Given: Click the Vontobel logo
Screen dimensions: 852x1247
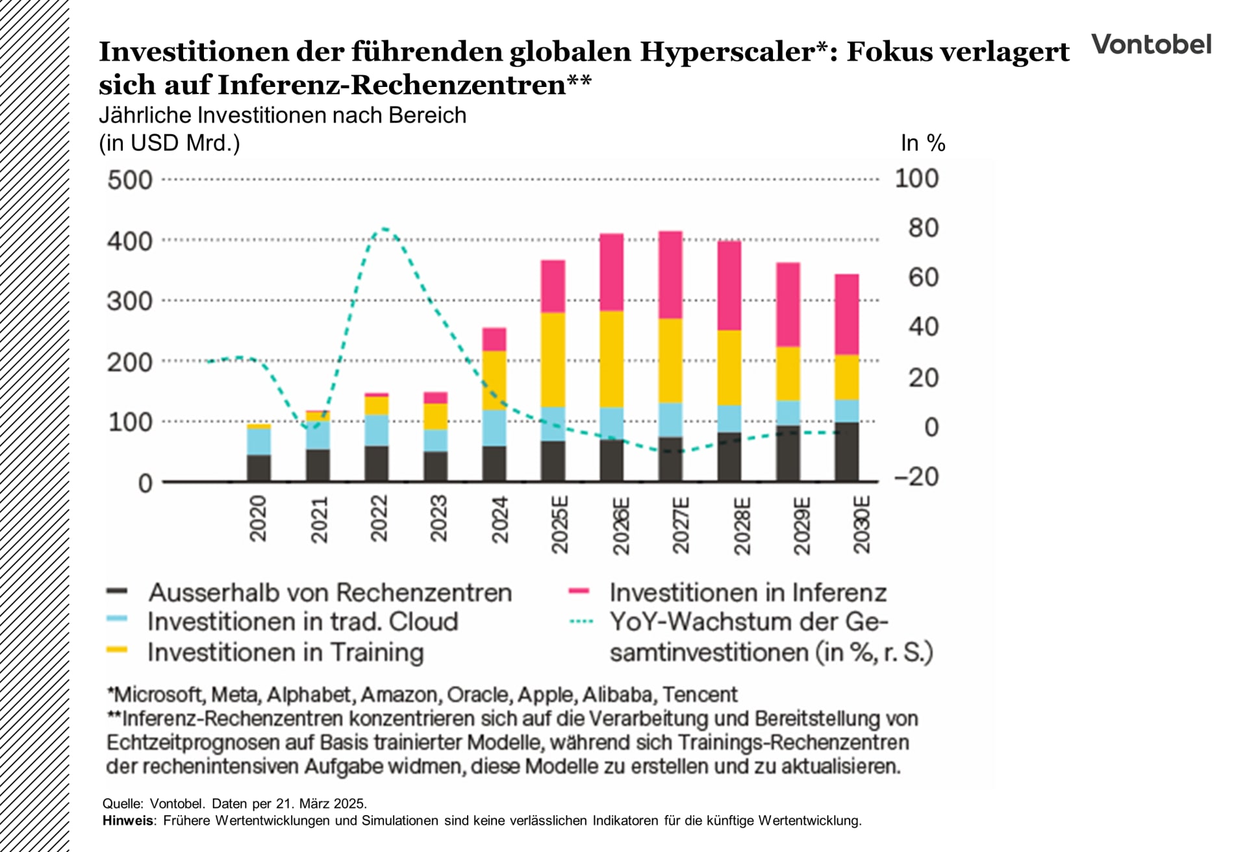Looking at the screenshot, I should [x=1151, y=45].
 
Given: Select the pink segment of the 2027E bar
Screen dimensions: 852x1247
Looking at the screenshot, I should [x=670, y=274].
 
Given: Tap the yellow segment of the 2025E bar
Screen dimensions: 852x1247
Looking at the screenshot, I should [x=553, y=359].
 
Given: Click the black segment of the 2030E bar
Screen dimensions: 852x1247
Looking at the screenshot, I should [x=846, y=452].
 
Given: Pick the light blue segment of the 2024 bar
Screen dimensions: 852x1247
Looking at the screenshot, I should [x=494, y=428].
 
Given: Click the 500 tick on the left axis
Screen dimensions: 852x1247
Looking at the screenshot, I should [x=129, y=180].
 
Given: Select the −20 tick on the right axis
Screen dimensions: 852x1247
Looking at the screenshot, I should [x=916, y=477].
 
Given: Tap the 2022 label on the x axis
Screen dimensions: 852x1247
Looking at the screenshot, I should [x=379, y=518].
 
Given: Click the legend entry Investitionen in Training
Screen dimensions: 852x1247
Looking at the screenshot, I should [x=285, y=651].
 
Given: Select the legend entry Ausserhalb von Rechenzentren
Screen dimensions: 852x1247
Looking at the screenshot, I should [x=329, y=592].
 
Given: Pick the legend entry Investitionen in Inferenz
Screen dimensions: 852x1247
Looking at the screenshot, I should [x=747, y=592].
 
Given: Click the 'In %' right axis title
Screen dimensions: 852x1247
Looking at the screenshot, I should [x=922, y=143].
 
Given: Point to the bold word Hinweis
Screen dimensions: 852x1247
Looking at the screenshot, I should [x=128, y=821].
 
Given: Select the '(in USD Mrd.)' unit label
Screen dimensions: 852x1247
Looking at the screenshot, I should [x=170, y=143].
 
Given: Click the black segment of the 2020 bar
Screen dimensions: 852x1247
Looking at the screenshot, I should [x=258, y=468].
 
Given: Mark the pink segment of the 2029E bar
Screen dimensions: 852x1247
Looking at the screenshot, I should [x=788, y=304].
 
